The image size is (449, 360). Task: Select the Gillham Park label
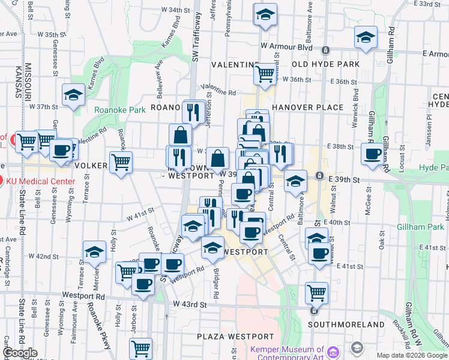pos(420,227)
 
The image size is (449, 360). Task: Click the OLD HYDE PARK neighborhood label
pos(325,64)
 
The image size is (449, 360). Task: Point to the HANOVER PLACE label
pos(307,107)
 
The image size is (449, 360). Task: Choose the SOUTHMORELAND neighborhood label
pos(346,325)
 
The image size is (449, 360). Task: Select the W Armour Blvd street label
pos(287,47)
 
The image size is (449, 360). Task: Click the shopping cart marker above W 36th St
pos(265,74)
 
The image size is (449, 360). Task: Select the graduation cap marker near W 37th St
pos(73,95)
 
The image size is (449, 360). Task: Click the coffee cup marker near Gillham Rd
pos(373,154)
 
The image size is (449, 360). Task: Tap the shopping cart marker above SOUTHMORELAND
pos(316,293)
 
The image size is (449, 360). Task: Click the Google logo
pos(20,353)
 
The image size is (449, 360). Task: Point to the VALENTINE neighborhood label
pos(235,64)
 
